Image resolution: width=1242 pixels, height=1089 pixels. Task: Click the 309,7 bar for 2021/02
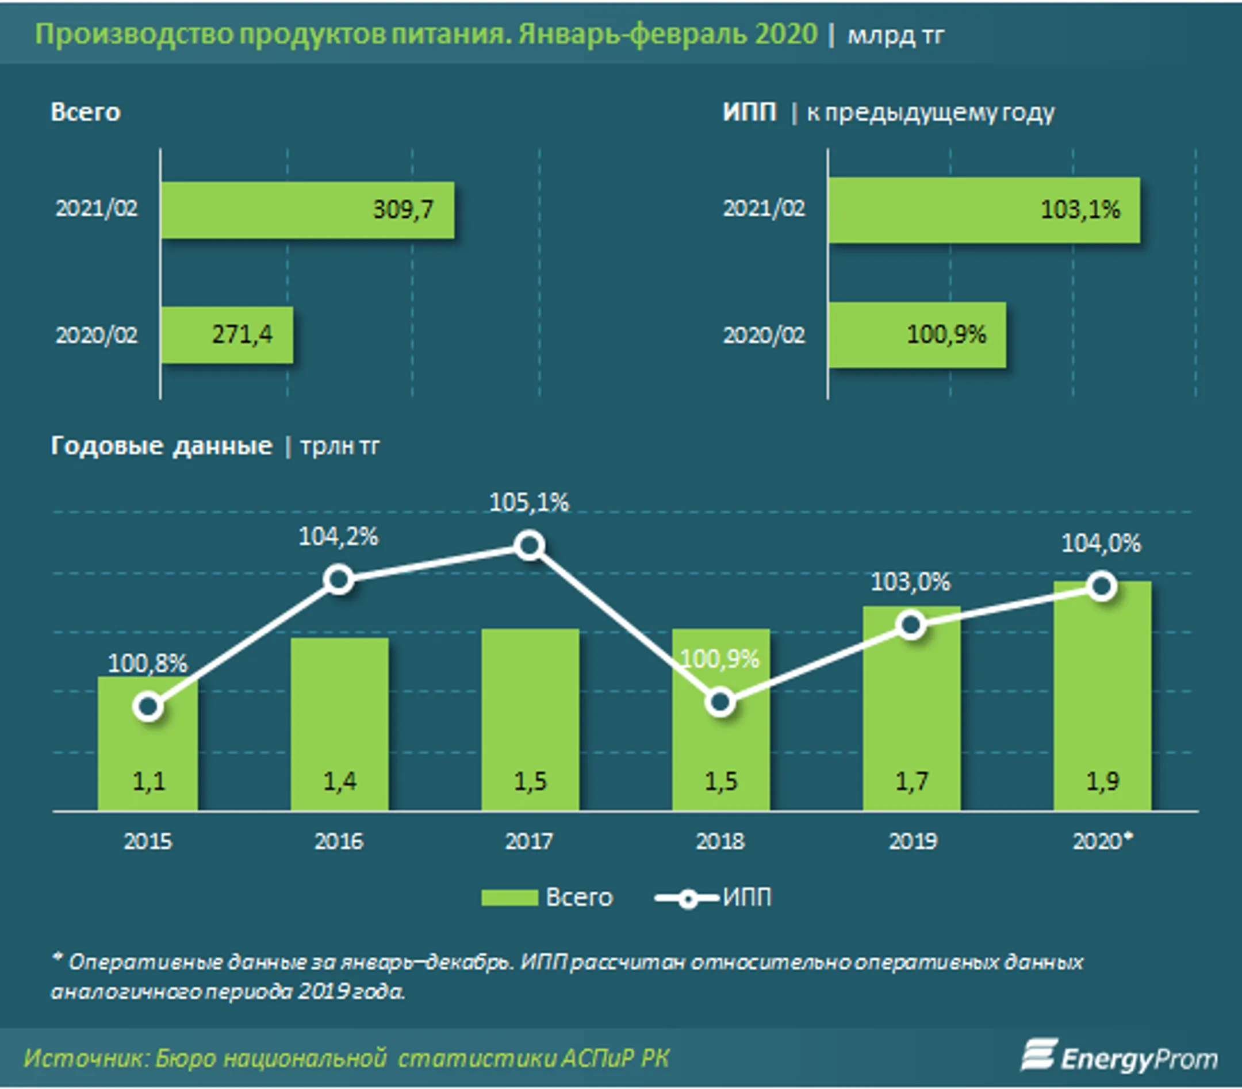pos(308,210)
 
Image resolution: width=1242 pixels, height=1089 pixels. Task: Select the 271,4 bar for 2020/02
pos(227,335)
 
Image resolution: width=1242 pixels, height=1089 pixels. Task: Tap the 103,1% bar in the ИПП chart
pos(984,210)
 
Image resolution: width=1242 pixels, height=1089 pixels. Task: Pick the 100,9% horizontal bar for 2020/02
pos(918,334)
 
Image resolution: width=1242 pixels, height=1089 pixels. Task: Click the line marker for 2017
pos(529,545)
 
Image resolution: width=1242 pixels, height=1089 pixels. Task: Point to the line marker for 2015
pos(148,706)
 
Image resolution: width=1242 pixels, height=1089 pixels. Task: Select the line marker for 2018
pos(720,703)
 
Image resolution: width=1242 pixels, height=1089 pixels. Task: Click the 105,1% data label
pos(529,503)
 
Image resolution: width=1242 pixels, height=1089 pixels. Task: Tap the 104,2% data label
pos(339,537)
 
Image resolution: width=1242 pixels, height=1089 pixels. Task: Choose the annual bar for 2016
pos(339,724)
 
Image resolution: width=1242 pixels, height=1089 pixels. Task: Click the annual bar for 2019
pos(911,708)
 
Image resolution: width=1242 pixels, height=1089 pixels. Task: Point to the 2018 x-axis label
pos(720,841)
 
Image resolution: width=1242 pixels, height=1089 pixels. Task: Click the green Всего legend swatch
pos(509,898)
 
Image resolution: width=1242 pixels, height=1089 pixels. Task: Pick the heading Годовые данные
pos(162,446)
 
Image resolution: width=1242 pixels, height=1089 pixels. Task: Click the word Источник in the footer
pos(83,1059)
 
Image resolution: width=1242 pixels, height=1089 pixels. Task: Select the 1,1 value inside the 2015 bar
pos(148,781)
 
